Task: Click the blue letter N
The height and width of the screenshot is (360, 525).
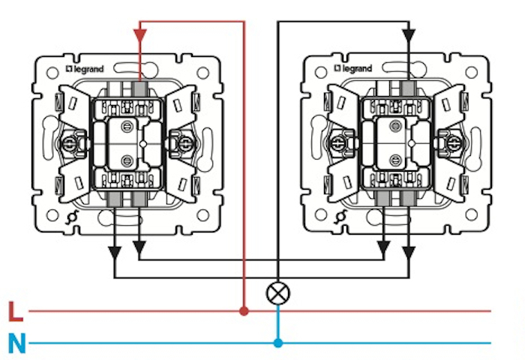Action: coord(17,344)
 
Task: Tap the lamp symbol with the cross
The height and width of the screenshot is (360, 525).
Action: coord(278,292)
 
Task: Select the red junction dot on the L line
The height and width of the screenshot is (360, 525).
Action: coord(244,310)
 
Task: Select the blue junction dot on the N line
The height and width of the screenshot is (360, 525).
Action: coord(278,343)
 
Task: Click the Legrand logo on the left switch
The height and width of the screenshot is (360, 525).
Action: coord(89,68)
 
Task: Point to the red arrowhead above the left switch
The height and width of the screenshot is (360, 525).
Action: coord(139,34)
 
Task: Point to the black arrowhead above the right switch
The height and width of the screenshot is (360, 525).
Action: coord(408,34)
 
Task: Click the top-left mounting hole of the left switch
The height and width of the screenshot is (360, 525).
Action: coord(52,73)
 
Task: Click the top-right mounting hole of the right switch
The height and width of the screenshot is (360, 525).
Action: coord(470,73)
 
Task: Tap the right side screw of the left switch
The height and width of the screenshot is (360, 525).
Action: coord(182,140)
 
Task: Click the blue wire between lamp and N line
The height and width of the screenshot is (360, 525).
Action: coord(278,322)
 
